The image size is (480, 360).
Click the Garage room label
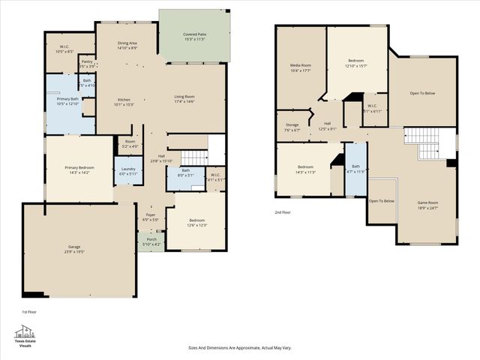click(x=73, y=249)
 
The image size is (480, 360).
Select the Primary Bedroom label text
click(x=79, y=169)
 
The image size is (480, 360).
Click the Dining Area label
click(x=127, y=45)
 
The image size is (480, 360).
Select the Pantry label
click(x=87, y=64)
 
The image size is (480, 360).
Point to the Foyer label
click(x=151, y=217)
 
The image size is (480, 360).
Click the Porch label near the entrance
click(x=151, y=241)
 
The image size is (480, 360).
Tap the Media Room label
click(x=301, y=67)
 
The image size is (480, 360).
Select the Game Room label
click(x=427, y=205)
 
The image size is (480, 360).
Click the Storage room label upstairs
click(x=292, y=127)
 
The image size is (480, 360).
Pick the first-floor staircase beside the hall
click(x=194, y=157)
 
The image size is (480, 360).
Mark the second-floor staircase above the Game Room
click(x=425, y=142)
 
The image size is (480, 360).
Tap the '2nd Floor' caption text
click(x=283, y=212)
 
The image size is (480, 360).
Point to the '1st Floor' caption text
click(x=28, y=311)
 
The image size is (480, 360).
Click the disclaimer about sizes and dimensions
click(x=239, y=348)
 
